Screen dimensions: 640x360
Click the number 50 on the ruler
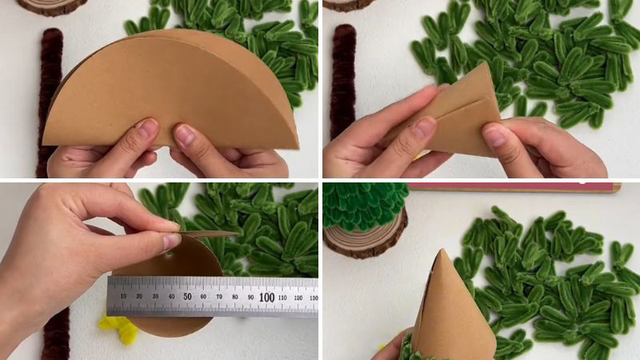pyautogui.click(x=187, y=296)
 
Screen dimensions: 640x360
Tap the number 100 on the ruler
pyautogui.click(x=267, y=297)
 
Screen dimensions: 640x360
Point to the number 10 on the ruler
pyautogui.click(x=124, y=296)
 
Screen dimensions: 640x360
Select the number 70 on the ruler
pyautogui.click(x=219, y=297)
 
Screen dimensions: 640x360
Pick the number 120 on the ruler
pyautogui.click(x=298, y=298)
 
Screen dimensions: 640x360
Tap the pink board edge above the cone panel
pyautogui.click(x=514, y=187)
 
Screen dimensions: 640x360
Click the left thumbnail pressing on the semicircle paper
pyautogui.click(x=148, y=127)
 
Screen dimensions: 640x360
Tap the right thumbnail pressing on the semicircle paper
pyautogui.click(x=185, y=134)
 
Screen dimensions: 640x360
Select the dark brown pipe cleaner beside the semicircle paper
pyautogui.click(x=50, y=102)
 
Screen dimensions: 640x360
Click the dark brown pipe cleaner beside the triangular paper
pyautogui.click(x=344, y=79)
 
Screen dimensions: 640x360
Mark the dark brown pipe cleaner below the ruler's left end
pyautogui.click(x=55, y=334)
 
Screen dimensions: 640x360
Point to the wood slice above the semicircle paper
pyautogui.click(x=52, y=7)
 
